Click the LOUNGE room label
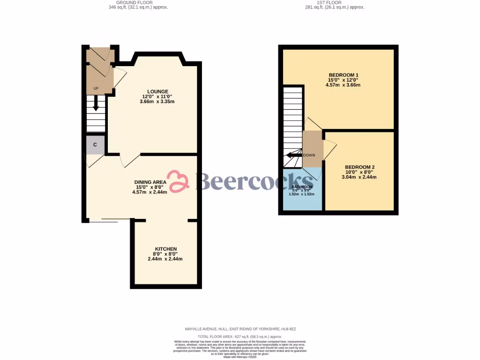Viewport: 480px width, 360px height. click(157, 91)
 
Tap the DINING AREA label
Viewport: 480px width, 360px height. click(150, 182)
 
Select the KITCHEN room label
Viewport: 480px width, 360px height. click(165, 249)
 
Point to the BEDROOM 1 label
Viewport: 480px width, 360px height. click(343, 75)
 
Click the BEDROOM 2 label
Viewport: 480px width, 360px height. click(360, 167)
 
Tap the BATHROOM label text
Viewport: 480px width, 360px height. click(302, 187)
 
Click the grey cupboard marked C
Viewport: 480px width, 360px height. click(95, 145)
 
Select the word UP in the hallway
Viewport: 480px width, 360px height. click(96, 88)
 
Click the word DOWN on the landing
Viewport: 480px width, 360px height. click(309, 155)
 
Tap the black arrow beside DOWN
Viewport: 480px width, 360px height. click(294, 155)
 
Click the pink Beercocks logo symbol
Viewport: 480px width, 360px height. click(178, 181)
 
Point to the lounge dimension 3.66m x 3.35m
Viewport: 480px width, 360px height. click(157, 102)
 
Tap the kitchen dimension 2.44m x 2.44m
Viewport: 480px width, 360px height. click(165, 259)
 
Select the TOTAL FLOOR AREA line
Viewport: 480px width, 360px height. click(240, 337)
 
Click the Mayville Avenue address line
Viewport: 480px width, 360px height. click(240, 330)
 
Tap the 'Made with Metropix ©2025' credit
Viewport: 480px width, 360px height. click(240, 357)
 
